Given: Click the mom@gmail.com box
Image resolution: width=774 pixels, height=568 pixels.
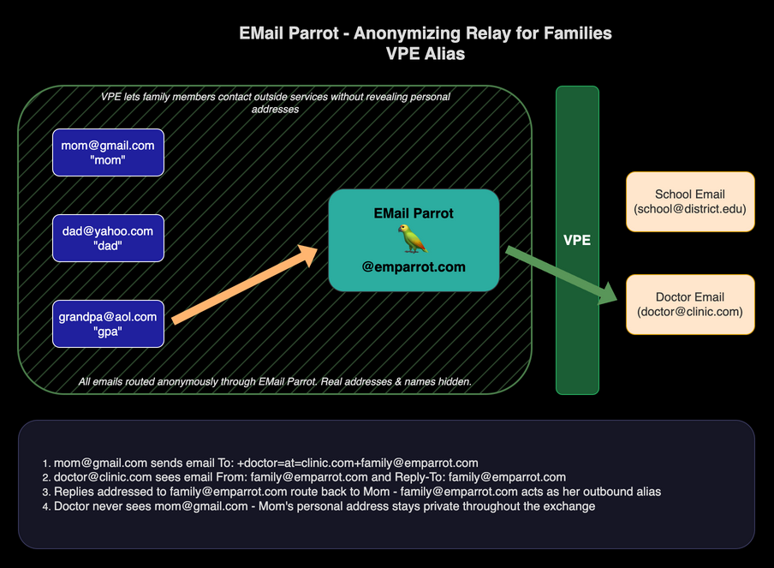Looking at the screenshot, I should click(108, 152).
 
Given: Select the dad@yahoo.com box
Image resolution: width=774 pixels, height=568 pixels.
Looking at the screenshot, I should click(108, 238).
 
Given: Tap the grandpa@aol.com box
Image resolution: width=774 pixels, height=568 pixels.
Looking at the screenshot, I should click(108, 324).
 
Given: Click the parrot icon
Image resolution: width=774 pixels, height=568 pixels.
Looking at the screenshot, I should click(414, 239).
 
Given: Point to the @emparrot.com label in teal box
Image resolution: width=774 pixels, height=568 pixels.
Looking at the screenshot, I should click(414, 266).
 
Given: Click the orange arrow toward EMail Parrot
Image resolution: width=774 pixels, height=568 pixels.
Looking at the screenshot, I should click(244, 284).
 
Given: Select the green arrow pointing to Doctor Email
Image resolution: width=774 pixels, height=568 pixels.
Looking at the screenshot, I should click(562, 274).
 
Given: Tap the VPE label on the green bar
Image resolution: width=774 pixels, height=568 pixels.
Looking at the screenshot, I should click(577, 240).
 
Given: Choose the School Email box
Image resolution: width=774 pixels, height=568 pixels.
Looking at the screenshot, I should click(690, 201).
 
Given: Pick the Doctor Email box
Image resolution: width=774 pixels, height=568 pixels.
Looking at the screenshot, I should click(690, 304).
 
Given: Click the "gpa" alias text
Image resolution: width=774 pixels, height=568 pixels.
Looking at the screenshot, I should click(108, 332).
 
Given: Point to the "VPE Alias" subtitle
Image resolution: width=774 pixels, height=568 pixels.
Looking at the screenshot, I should click(426, 53).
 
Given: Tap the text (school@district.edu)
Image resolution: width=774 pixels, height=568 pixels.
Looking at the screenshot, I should click(690, 209).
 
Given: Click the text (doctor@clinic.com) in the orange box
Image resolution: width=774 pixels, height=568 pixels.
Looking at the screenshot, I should click(690, 312).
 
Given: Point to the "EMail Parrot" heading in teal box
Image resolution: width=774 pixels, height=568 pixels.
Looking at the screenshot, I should click(414, 212).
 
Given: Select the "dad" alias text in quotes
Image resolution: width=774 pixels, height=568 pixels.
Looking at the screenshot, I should click(108, 247).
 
